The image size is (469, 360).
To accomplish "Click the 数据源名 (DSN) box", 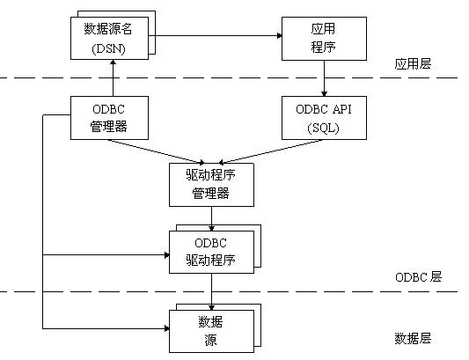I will click(x=110, y=39).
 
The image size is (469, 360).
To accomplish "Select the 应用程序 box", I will click(x=323, y=39).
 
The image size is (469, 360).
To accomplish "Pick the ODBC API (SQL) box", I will click(x=323, y=118).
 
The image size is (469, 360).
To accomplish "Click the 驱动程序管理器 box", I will click(x=210, y=184).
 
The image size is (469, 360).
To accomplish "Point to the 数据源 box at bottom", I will click(x=210, y=328).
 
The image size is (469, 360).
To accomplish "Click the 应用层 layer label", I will click(x=414, y=64).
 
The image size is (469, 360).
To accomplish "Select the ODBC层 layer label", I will click(x=418, y=276).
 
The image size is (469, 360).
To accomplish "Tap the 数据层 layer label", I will click(x=414, y=338).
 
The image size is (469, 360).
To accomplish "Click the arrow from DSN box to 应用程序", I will click(x=216, y=36).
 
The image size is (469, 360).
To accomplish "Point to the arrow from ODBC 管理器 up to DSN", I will click(x=110, y=79).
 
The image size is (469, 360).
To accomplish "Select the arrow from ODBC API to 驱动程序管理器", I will click(x=273, y=151).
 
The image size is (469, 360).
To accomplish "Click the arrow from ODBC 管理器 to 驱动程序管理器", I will click(x=158, y=151).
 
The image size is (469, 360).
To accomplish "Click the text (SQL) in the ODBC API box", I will click(x=323, y=128).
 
